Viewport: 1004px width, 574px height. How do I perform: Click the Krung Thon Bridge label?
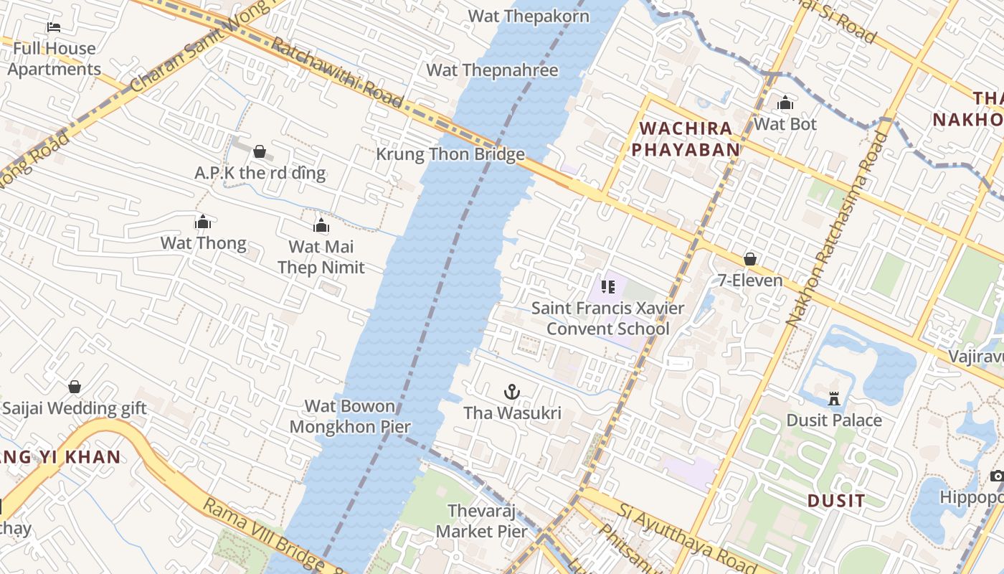(450, 154)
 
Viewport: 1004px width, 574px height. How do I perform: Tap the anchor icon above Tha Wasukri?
(511, 392)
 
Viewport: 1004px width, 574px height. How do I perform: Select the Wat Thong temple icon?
(203, 222)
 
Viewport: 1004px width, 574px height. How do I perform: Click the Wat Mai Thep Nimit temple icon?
(321, 226)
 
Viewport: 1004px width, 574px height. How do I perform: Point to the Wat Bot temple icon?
(785, 103)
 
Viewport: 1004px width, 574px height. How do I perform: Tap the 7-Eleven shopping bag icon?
(750, 259)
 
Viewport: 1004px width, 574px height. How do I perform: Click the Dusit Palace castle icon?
(834, 398)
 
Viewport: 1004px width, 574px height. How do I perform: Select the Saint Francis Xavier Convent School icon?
(608, 288)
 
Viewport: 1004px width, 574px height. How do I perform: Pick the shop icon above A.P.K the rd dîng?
(260, 151)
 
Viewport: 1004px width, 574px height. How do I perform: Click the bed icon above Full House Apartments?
(54, 27)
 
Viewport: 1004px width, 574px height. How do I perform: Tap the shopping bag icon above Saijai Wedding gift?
(75, 387)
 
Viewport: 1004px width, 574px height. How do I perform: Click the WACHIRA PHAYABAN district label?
(689, 139)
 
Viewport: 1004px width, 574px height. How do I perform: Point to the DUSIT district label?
(835, 500)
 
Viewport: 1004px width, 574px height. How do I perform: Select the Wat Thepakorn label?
(529, 16)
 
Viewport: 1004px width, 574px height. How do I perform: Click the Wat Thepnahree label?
(492, 70)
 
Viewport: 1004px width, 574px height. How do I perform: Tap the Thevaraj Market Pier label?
(482, 522)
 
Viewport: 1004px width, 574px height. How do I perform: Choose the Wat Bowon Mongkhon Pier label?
(350, 416)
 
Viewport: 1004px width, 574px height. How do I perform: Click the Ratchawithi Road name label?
(336, 72)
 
